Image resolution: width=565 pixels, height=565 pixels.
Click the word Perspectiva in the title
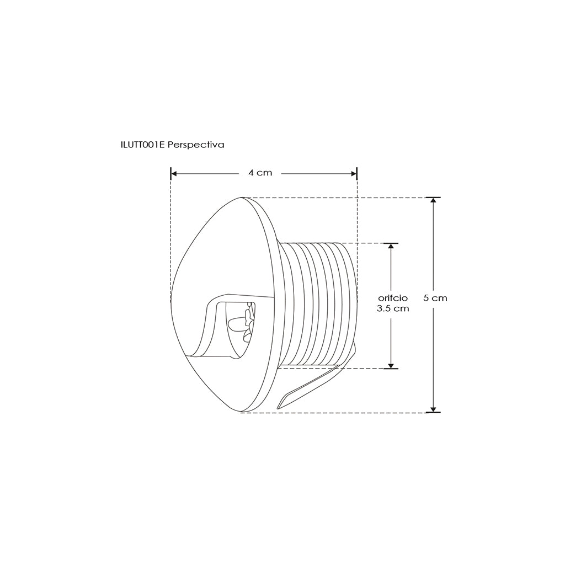click(196, 145)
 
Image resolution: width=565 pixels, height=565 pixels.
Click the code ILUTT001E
click(143, 145)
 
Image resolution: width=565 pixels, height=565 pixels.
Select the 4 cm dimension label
click(260, 173)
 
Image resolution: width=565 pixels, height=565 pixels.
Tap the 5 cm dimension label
click(435, 298)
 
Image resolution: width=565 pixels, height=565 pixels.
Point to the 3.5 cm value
click(393, 308)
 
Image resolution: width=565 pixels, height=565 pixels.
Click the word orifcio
click(393, 298)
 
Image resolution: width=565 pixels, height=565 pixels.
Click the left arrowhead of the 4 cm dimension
click(174, 174)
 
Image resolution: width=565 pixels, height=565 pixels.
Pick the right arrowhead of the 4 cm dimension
click(354, 174)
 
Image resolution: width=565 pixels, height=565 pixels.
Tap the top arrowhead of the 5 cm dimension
click(434, 201)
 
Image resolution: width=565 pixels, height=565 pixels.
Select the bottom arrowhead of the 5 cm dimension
click(434, 409)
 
